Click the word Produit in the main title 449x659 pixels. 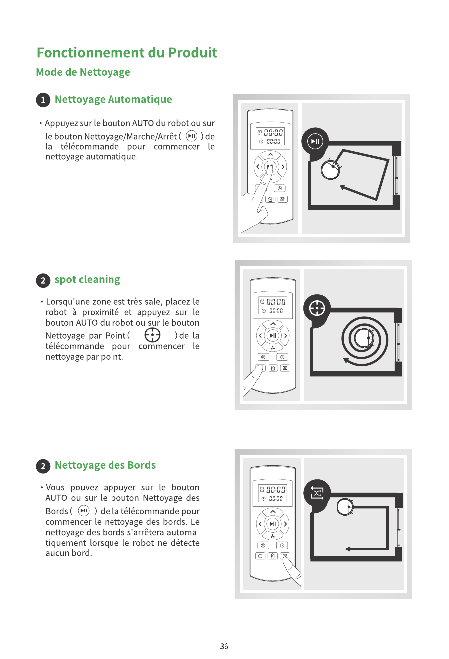pyautogui.click(x=193, y=53)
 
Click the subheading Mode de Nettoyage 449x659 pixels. pyautogui.click(x=83, y=72)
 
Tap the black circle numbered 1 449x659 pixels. pyautogui.click(x=43, y=100)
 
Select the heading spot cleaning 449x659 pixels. pyautogui.click(x=88, y=280)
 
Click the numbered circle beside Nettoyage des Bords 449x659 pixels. pyautogui.click(x=43, y=466)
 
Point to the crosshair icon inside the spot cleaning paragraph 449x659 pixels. pyautogui.click(x=152, y=335)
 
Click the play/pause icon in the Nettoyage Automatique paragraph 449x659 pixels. pyautogui.click(x=192, y=136)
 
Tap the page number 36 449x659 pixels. pyautogui.click(x=224, y=646)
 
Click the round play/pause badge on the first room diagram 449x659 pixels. pyautogui.click(x=315, y=142)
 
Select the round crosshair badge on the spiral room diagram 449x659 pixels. pyautogui.click(x=317, y=308)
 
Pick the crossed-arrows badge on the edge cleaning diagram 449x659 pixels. pyautogui.click(x=317, y=493)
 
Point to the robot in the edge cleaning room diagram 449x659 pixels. pyautogui.click(x=345, y=507)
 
